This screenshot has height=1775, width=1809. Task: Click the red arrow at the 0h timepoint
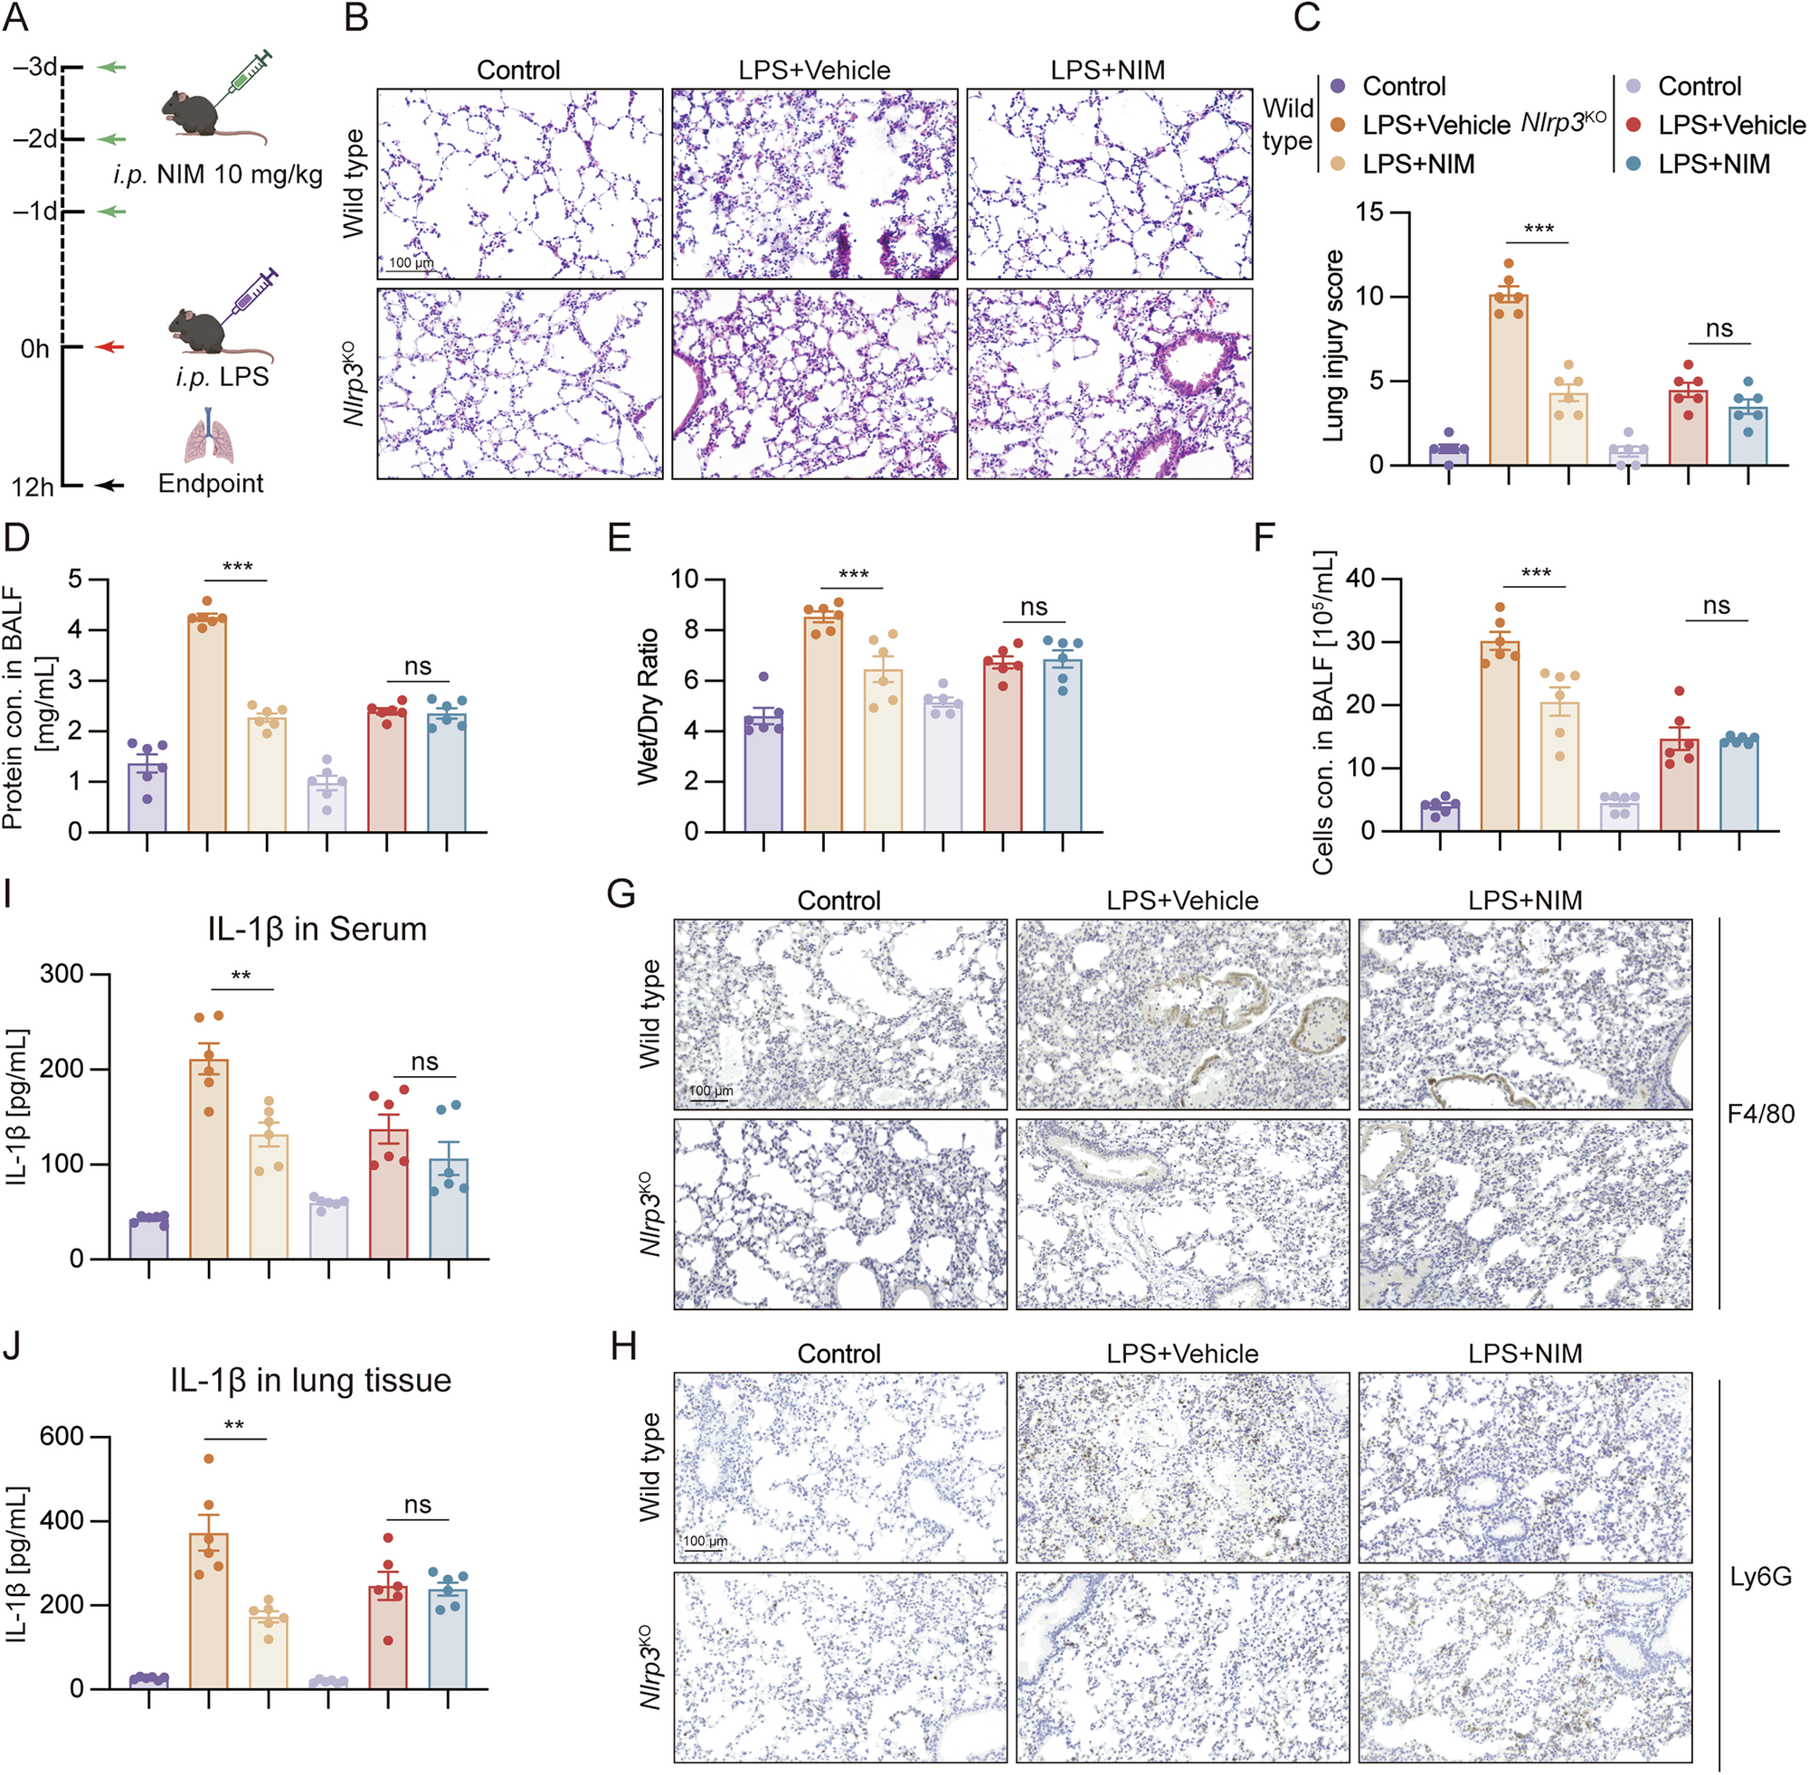pyautogui.click(x=110, y=347)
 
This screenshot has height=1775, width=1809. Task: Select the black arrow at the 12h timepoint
pyautogui.click(x=110, y=486)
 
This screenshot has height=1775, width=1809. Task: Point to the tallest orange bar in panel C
pyautogui.click(x=1509, y=379)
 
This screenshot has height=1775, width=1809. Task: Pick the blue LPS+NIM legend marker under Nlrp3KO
pyautogui.click(x=1633, y=164)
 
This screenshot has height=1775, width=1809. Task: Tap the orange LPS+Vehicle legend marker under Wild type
pyautogui.click(x=1338, y=125)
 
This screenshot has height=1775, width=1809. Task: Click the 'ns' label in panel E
pyautogui.click(x=1033, y=607)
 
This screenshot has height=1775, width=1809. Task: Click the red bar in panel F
pyautogui.click(x=1680, y=784)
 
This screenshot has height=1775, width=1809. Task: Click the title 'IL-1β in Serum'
pyautogui.click(x=317, y=930)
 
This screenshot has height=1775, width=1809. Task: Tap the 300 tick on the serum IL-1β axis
pyautogui.click(x=62, y=974)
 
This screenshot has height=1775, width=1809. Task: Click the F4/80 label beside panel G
pyautogui.click(x=1760, y=1113)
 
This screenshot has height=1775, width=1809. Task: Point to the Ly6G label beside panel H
pyautogui.click(x=1760, y=1576)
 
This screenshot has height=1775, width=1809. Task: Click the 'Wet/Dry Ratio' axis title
pyautogui.click(x=648, y=705)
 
